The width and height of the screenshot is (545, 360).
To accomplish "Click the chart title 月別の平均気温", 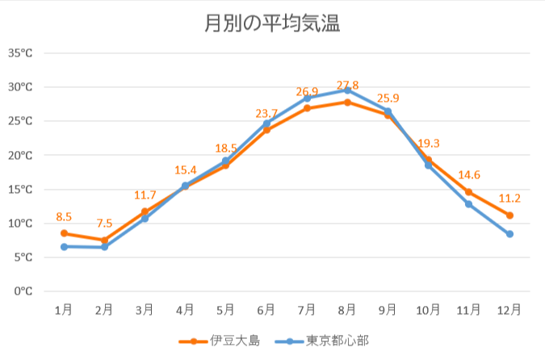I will point(272,25).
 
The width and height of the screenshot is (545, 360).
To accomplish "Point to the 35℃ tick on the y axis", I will point(20,53).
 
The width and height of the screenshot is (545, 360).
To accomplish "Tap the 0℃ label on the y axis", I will point(23,291).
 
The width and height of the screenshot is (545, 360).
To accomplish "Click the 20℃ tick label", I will point(20,155).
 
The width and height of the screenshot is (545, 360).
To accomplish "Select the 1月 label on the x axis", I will point(64,309).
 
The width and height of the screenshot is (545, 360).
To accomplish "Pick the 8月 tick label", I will point(347,309).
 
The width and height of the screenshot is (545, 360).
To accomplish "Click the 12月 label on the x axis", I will point(509,309).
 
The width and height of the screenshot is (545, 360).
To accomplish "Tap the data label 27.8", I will point(347,86).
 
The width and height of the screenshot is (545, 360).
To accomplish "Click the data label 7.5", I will point(104,224).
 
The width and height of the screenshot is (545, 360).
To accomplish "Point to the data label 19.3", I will point(429,143).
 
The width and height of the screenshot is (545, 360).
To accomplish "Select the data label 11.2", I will point(509,198).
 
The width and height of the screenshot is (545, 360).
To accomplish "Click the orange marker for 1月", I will point(64,233).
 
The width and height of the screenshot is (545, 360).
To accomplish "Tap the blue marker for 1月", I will point(64,246).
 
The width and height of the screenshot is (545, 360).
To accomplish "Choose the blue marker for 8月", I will point(347,90).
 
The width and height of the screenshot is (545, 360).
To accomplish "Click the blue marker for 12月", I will point(509,234).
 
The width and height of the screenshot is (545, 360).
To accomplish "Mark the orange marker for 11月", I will point(469,192).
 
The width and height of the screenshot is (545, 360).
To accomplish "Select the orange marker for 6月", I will point(266,130).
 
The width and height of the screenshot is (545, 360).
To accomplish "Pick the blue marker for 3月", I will point(145,219).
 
